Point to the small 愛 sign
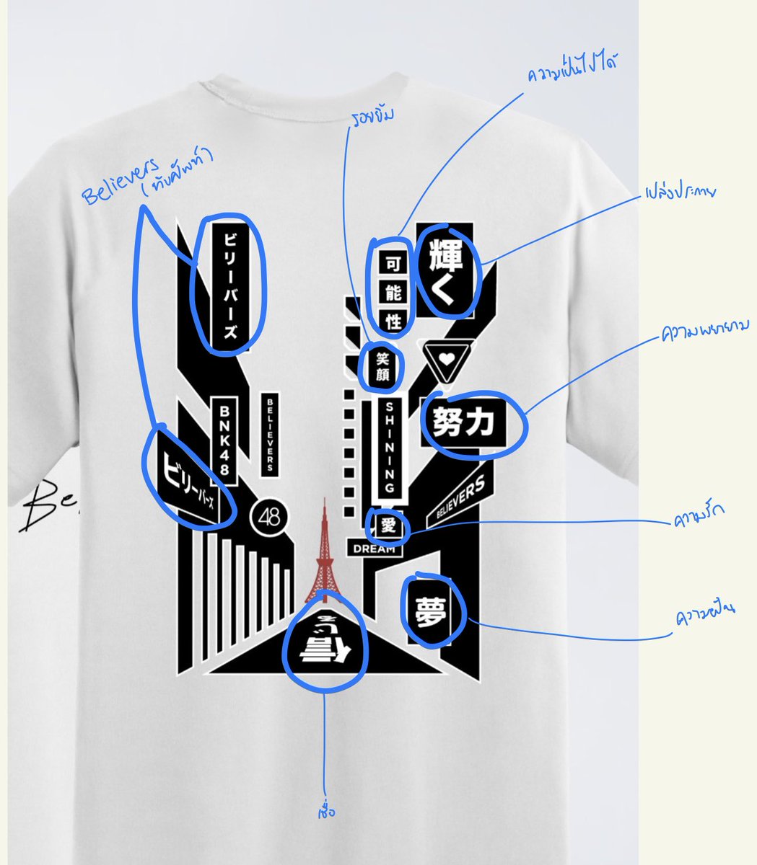pos(388,525)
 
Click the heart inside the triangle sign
pos(448,357)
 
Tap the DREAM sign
pos(375,549)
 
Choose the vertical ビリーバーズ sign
pos(228,286)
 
